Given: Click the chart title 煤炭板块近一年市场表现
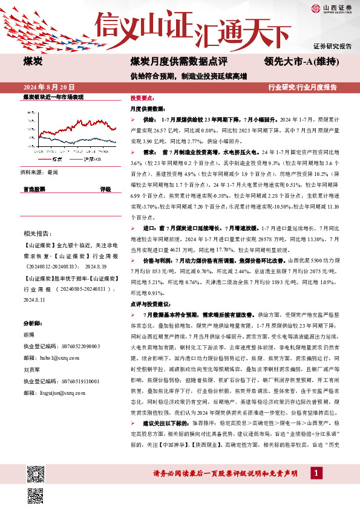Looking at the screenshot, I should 53,97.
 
